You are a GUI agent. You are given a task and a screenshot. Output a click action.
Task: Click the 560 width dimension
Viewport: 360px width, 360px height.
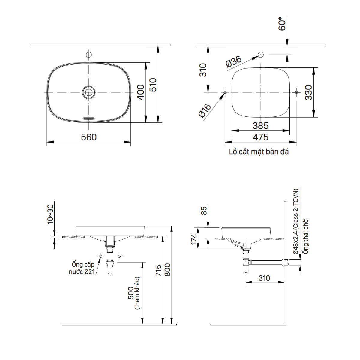coord(89,137)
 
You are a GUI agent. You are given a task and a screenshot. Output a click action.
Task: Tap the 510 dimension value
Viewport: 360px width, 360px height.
coord(153,85)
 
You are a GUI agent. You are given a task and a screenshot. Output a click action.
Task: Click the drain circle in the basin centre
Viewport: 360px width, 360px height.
coord(89,92)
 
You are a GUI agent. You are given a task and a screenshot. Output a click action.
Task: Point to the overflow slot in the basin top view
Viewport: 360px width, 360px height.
coord(89,118)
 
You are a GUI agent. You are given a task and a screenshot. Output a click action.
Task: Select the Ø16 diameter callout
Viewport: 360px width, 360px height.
coord(205,110)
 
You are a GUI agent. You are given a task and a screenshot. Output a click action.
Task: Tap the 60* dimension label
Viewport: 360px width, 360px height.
coord(282,24)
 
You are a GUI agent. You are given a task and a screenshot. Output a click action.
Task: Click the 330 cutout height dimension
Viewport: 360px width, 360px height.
coord(308,92)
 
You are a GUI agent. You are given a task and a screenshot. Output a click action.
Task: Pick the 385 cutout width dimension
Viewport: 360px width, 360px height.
coord(260,125)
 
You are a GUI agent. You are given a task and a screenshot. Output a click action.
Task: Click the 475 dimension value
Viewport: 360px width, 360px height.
coord(260,137)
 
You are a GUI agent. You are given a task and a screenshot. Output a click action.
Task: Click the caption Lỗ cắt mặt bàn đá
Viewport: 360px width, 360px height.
coord(259,152)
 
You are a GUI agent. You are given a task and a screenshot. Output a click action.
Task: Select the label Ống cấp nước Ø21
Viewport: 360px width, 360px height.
coord(82,268)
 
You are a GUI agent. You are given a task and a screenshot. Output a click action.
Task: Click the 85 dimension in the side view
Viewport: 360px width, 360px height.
coord(204,211)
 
